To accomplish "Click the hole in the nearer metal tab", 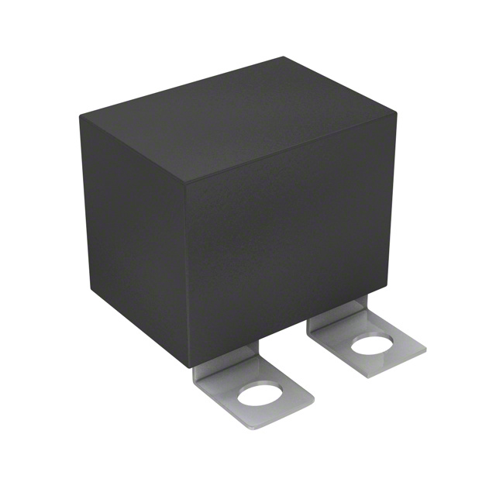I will (x=258, y=395).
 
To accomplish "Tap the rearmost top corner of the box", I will (x=284, y=57).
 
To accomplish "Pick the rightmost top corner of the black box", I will (x=396, y=113).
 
